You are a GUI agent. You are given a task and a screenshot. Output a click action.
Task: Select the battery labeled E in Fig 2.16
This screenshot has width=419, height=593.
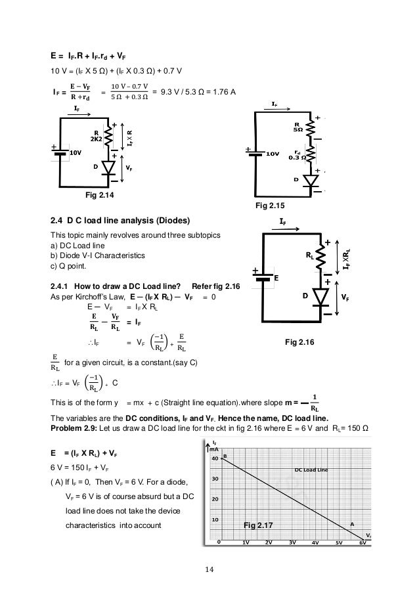(263, 277)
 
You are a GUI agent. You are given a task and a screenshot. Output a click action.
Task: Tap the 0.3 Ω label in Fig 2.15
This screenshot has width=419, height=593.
(296, 158)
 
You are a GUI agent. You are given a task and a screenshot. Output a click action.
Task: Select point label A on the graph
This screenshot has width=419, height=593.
(351, 524)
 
